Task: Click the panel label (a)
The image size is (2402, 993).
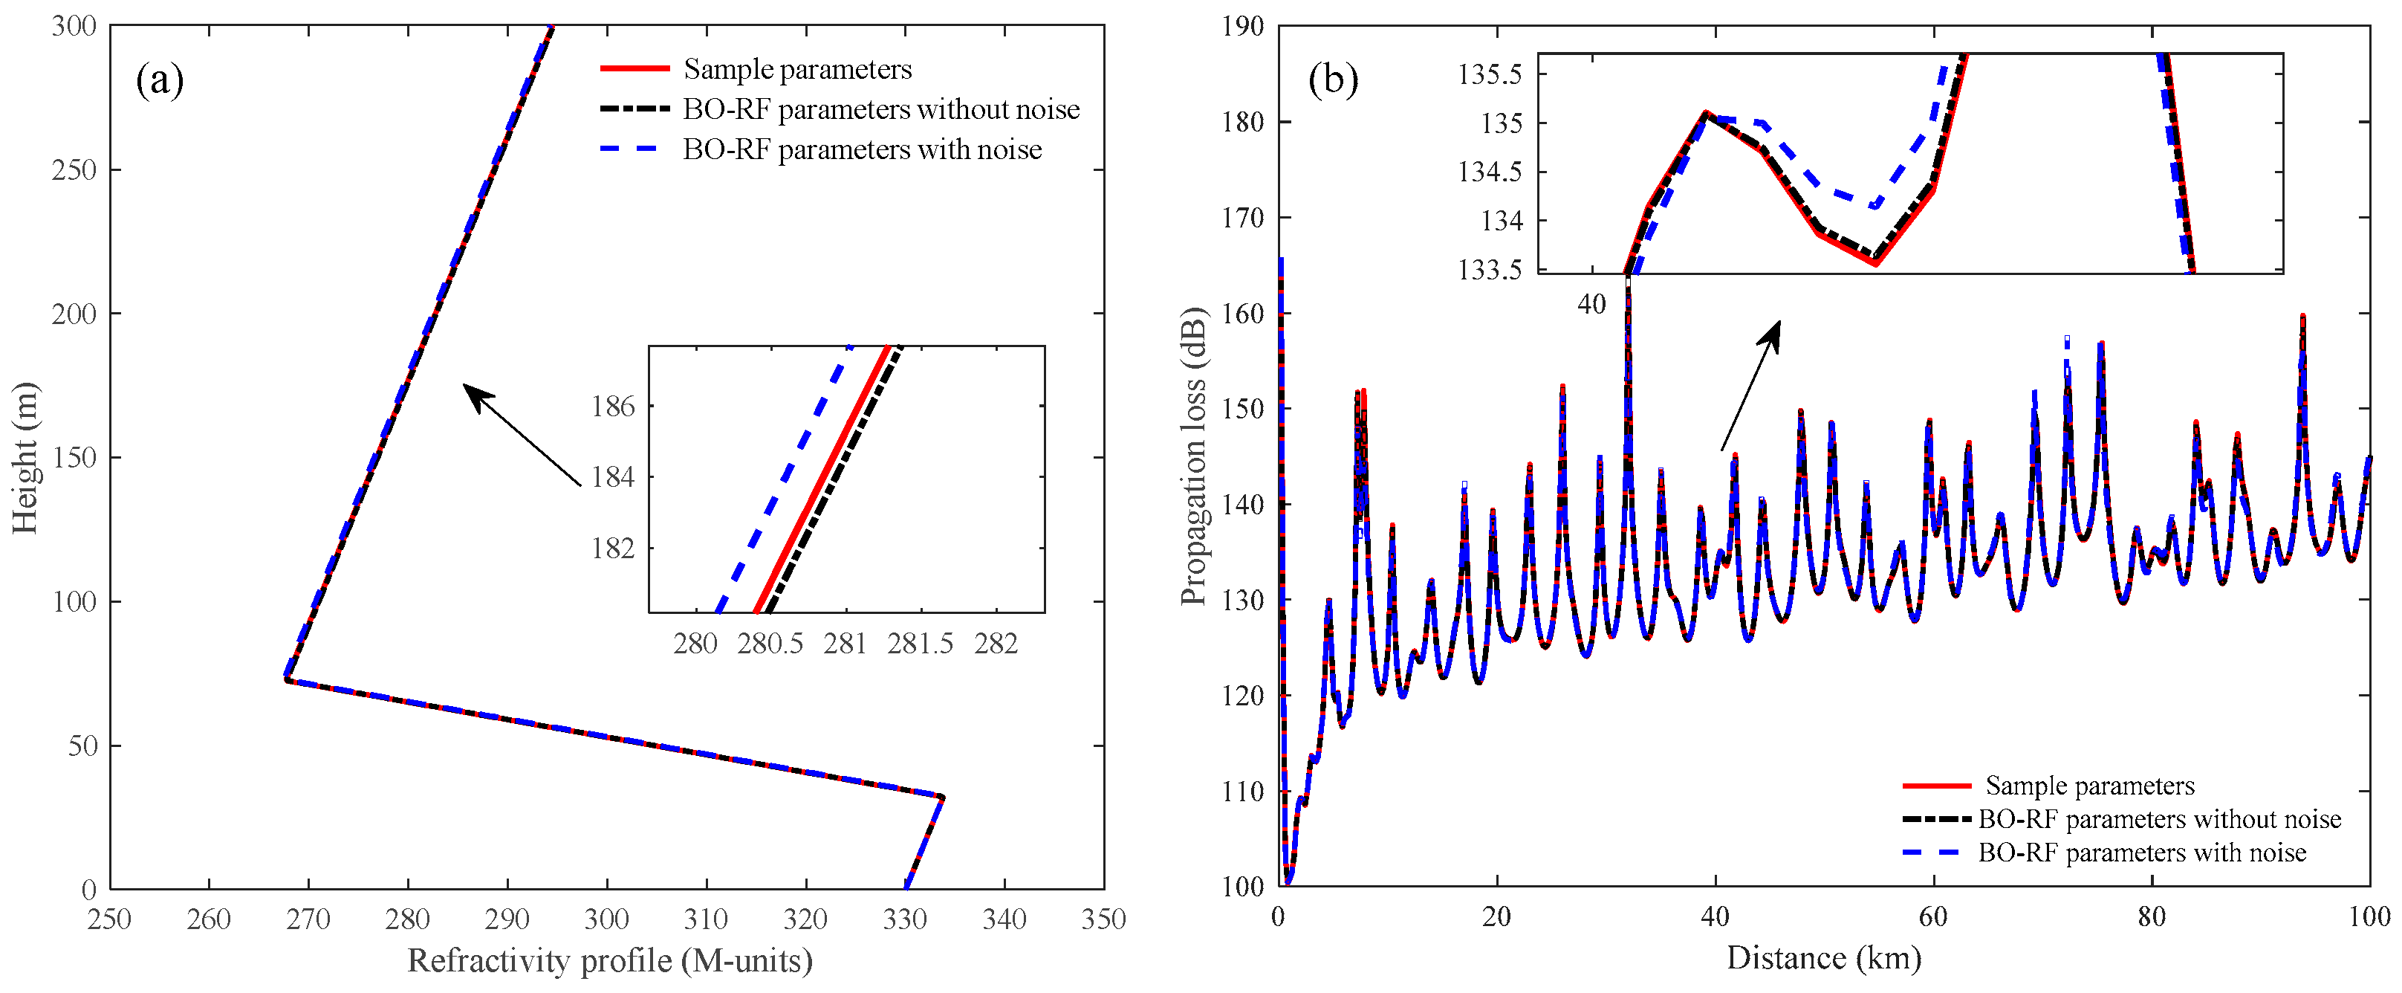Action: (160, 80)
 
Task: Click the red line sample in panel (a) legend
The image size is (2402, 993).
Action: (634, 69)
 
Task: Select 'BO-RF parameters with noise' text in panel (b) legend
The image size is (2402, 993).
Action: (2142, 853)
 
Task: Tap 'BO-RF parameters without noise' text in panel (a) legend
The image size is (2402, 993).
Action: (880, 109)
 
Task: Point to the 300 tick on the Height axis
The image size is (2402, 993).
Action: (74, 26)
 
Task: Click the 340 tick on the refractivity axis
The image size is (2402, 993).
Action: (1004, 919)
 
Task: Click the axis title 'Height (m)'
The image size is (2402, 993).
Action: (25, 457)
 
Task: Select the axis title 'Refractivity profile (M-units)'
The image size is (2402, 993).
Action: (610, 960)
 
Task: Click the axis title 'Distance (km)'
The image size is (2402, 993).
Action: (1823, 959)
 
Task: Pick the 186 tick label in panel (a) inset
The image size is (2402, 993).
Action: (613, 407)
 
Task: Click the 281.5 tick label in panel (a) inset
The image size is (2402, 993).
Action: (921, 644)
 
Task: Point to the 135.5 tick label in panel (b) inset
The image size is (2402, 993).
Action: (1489, 74)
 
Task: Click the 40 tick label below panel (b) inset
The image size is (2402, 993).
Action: (1591, 304)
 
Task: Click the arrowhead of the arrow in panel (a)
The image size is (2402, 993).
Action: (471, 391)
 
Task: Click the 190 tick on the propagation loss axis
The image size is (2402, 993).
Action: (1243, 26)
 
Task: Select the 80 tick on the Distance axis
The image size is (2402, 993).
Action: (2151, 916)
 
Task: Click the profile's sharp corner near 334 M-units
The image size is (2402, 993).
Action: (943, 798)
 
